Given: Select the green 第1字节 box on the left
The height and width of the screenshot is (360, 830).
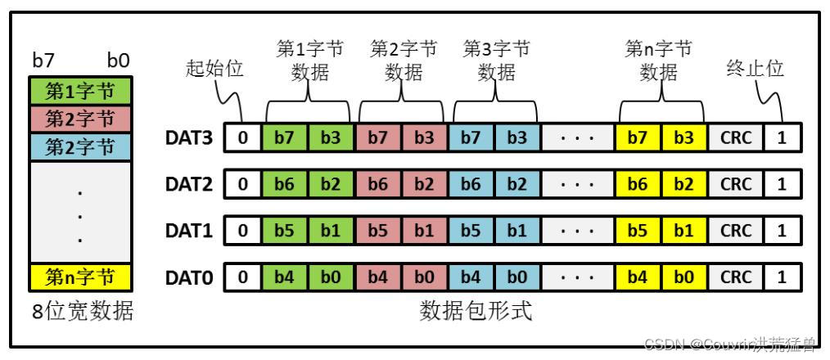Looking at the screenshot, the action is click(79, 89).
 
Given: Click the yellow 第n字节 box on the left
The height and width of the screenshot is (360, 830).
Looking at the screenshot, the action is click(79, 278).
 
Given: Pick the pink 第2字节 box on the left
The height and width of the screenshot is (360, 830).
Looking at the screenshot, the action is click(79, 119).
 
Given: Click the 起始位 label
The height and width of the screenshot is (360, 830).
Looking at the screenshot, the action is click(215, 69).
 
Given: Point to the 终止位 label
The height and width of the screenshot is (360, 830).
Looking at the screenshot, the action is click(755, 69).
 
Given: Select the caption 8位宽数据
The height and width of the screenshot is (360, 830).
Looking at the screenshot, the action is click(81, 312).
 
